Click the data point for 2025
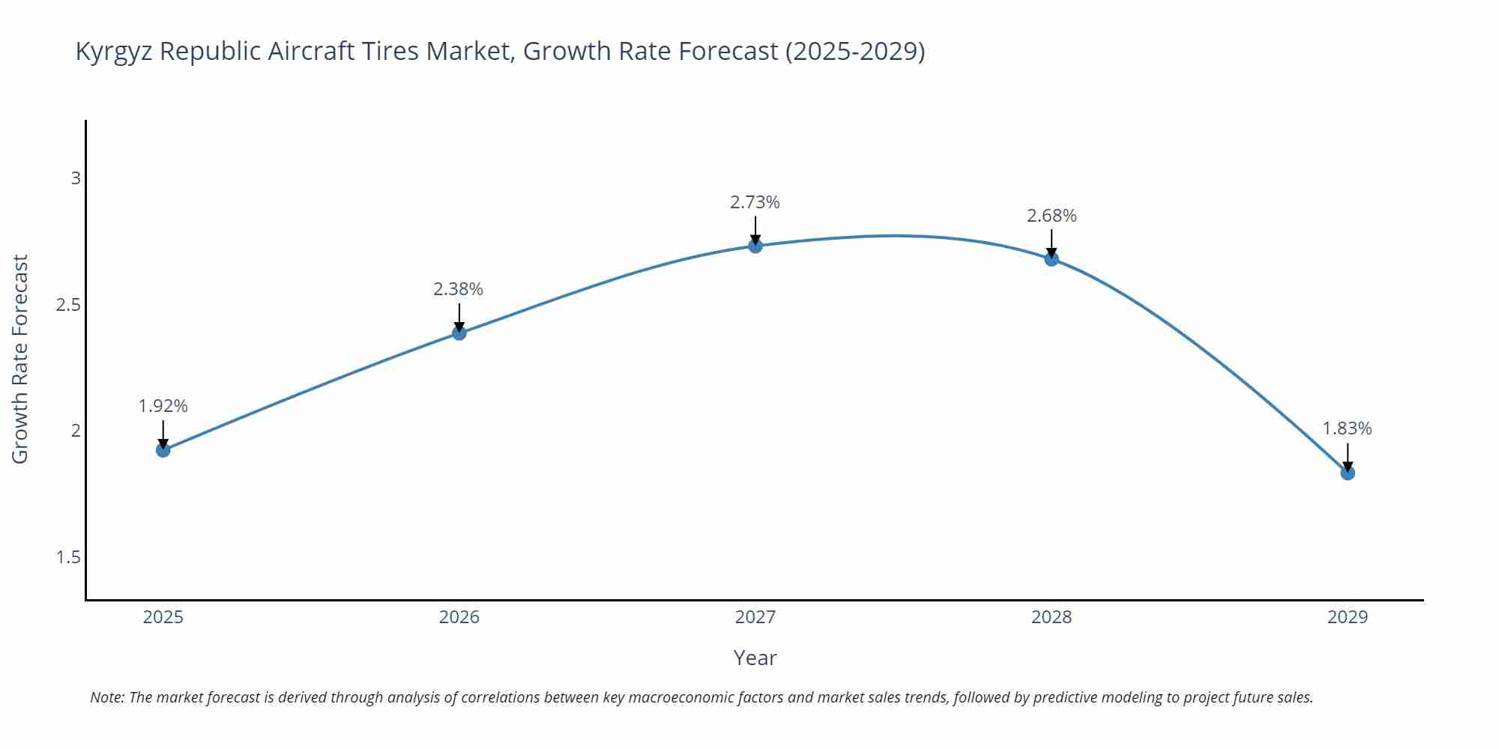pos(163,450)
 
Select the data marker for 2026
pos(459,333)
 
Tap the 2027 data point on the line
pos(755,246)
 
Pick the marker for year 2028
pos(1052,259)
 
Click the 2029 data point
pos(1348,473)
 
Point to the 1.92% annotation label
pos(163,406)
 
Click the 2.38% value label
pos(459,289)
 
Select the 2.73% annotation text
pos(755,202)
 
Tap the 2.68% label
pos(1052,216)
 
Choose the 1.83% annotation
pos(1347,428)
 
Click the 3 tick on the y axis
pos(75,178)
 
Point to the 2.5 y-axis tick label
pos(68,305)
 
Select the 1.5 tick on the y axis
pos(68,557)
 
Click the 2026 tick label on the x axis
pos(459,617)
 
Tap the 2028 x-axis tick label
pos(1052,617)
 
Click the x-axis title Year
pos(755,658)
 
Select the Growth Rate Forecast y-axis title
pos(20,359)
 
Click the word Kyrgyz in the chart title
pos(114,52)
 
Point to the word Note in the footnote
pos(107,697)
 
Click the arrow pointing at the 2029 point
pos(1348,457)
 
